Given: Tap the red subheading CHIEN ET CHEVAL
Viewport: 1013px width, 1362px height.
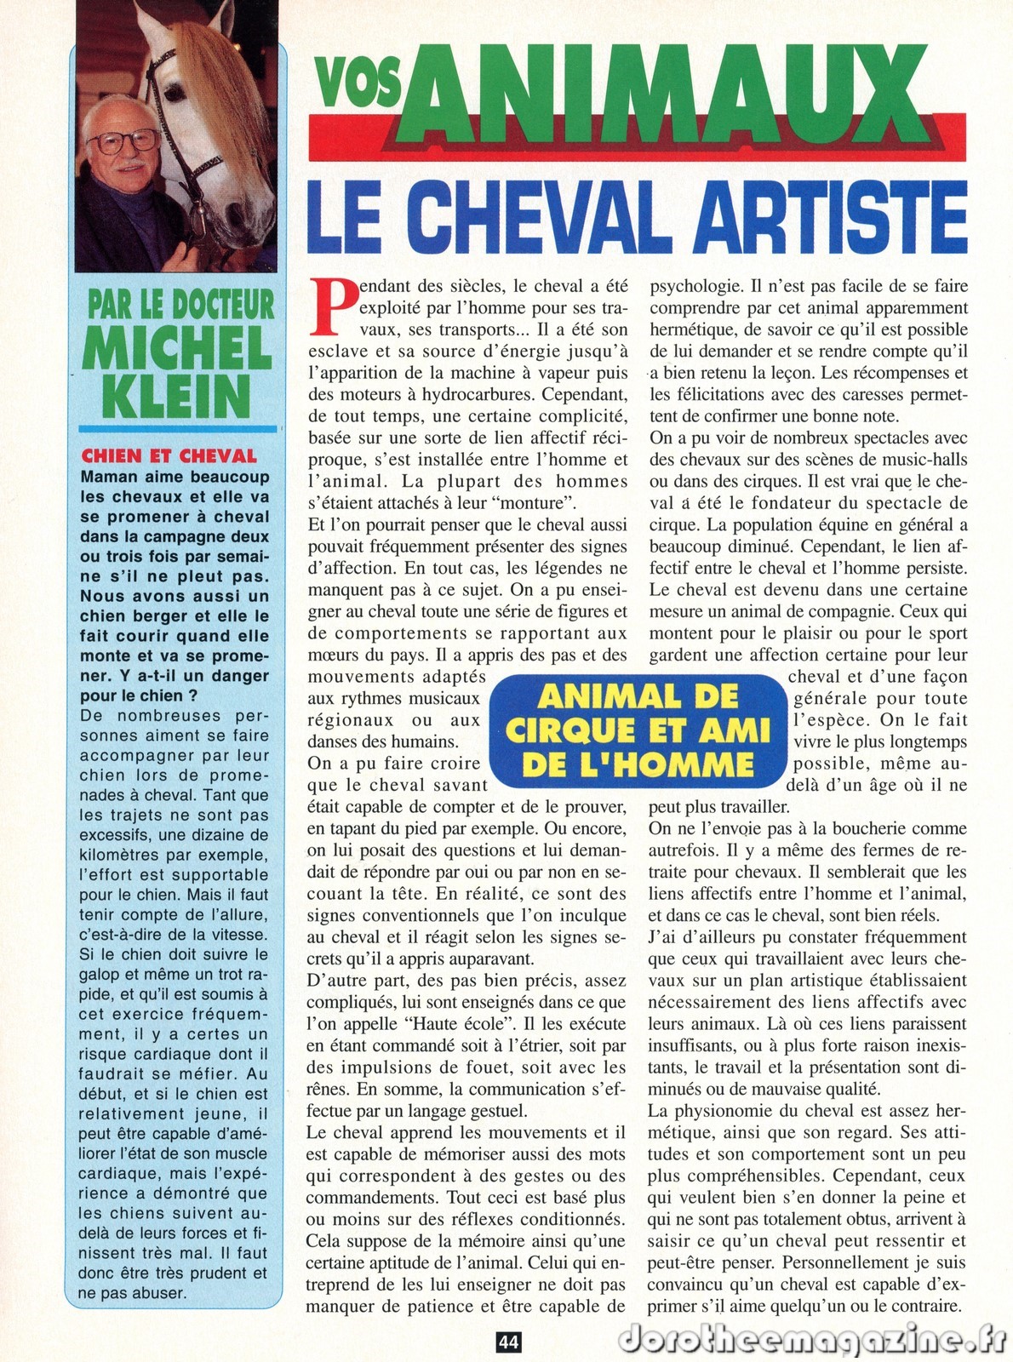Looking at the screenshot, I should click(169, 456).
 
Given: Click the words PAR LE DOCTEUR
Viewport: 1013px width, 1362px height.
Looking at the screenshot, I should click(181, 305).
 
